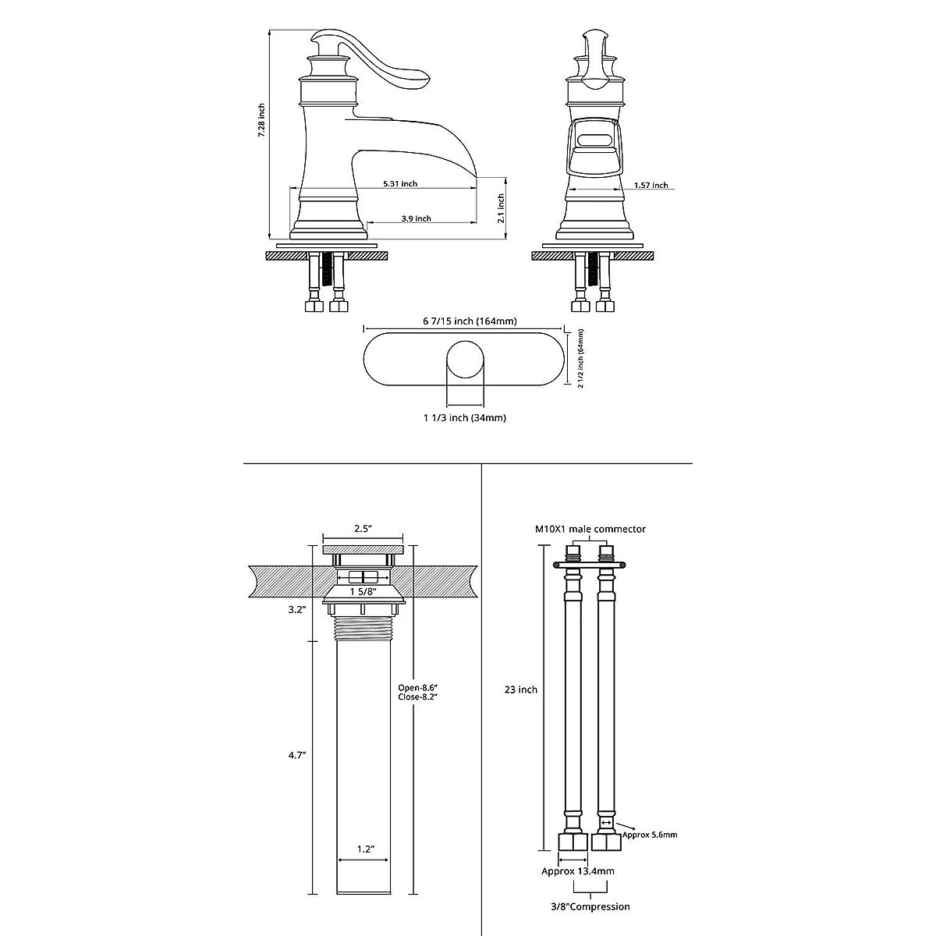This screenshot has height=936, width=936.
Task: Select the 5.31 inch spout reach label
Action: (399, 184)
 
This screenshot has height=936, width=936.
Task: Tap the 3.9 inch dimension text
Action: (416, 219)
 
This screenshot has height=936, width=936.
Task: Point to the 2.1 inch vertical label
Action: (502, 209)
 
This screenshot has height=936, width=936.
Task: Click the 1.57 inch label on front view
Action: (651, 186)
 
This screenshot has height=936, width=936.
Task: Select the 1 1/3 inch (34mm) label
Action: (465, 418)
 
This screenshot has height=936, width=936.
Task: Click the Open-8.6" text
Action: (418, 687)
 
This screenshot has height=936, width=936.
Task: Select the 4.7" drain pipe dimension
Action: (296, 755)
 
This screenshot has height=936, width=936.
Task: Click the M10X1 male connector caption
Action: (590, 529)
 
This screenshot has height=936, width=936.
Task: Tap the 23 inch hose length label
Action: (521, 690)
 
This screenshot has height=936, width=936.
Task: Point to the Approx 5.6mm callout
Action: (649, 835)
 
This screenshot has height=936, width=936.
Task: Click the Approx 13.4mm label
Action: (578, 871)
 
